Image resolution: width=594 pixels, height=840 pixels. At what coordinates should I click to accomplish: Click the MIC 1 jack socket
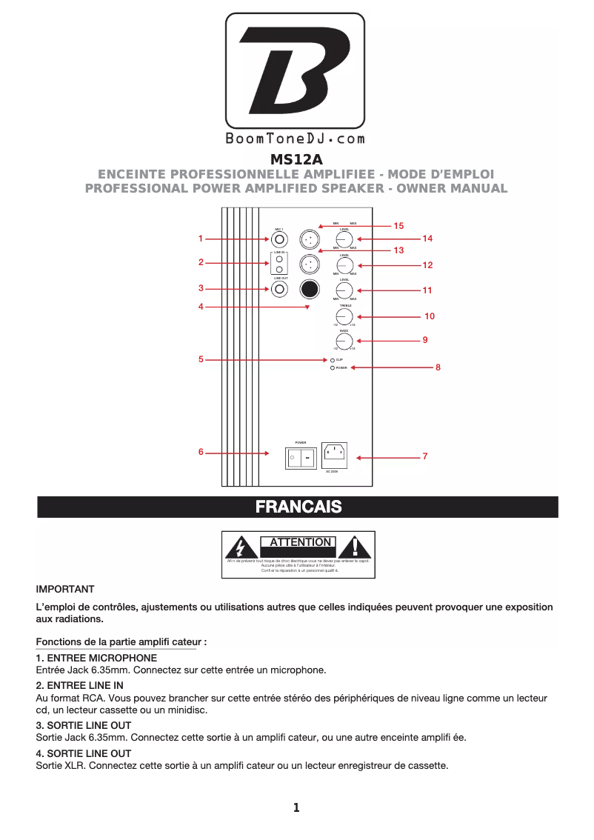point(279,239)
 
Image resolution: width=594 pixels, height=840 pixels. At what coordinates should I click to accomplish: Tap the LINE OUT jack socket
point(279,289)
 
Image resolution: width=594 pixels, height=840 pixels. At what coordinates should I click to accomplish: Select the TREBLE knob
point(344,316)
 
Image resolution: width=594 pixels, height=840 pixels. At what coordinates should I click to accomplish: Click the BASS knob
point(344,341)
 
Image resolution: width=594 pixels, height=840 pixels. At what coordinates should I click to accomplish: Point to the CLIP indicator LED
point(333,359)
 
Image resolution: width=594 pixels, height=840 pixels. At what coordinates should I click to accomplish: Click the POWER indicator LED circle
point(333,367)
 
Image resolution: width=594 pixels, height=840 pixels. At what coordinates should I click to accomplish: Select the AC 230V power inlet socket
point(336,454)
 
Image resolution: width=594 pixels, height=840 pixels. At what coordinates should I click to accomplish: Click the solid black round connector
point(310,288)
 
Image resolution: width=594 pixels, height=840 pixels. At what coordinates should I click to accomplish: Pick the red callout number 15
point(398,225)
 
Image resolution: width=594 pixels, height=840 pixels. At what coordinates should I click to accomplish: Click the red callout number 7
point(425,457)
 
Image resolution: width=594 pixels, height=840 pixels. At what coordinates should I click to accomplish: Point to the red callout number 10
point(430,316)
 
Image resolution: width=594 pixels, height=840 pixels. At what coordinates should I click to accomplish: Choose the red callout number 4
point(201,306)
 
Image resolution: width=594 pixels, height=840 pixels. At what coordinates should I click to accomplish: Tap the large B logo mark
point(295,71)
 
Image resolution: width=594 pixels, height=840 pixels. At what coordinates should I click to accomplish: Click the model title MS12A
point(296,159)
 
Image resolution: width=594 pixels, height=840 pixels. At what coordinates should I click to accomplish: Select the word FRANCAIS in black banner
point(298,507)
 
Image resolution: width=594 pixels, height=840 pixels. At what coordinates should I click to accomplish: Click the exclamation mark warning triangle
point(356,547)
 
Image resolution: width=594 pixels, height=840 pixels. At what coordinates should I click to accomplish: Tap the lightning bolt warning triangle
point(240,547)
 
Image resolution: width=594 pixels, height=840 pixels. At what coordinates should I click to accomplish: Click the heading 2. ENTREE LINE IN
point(80,686)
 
